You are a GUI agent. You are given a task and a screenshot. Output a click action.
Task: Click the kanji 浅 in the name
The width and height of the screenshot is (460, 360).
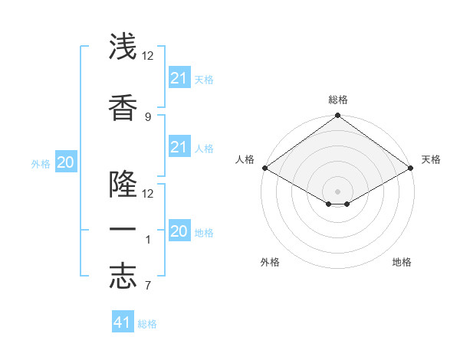click(123, 47)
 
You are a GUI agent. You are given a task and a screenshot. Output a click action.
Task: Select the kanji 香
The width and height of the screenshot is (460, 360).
click(123, 109)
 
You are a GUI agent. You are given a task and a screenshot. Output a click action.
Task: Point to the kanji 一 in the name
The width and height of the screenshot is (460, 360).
click(123, 230)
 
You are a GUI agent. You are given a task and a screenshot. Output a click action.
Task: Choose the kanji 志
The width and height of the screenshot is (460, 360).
click(123, 277)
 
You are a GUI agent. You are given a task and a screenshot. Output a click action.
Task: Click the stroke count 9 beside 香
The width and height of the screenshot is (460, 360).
click(147, 116)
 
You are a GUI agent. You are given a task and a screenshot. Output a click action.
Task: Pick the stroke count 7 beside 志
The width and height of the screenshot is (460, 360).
click(147, 286)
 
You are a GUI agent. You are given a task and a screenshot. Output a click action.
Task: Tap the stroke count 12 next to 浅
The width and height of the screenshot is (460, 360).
click(148, 56)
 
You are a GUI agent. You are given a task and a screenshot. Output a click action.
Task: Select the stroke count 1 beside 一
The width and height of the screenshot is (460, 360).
click(147, 240)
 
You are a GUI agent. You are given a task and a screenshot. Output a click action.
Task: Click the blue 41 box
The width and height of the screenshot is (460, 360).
click(123, 322)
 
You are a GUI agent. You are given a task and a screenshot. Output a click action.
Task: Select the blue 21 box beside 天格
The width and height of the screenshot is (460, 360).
click(179, 78)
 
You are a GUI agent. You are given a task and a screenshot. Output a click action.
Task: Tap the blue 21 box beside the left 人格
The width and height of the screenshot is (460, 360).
click(179, 147)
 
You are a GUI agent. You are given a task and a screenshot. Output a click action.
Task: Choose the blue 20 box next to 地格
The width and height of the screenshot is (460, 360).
click(179, 231)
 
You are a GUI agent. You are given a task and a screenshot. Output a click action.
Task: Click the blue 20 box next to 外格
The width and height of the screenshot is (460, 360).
click(66, 162)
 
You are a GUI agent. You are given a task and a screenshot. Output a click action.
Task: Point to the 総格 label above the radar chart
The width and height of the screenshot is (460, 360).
click(337, 100)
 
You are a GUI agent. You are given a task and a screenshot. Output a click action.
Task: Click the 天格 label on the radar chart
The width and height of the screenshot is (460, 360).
click(431, 159)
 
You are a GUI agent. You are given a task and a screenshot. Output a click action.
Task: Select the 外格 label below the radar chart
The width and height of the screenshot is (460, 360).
click(270, 262)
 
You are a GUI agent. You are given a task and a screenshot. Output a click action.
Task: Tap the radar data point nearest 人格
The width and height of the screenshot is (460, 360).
click(264, 168)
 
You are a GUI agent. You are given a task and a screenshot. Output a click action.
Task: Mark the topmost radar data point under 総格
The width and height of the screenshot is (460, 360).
click(337, 116)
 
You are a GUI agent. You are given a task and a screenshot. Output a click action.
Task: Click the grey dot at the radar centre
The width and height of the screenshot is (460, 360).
click(337, 191)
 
